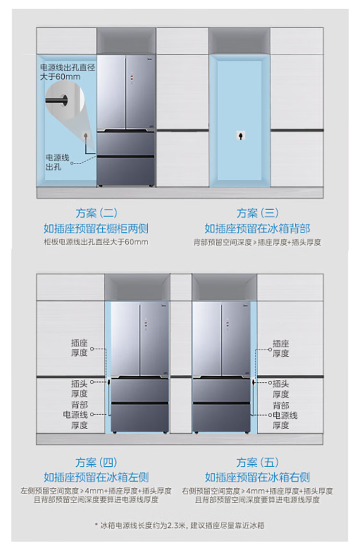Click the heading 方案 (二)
96,213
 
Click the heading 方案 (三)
257,213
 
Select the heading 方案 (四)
96,463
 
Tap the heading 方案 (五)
257,463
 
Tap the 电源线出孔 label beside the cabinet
57,162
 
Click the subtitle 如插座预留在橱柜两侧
96,228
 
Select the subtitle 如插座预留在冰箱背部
257,228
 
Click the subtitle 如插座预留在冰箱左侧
96,477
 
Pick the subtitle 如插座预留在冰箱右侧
257,477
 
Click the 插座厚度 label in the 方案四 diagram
79,348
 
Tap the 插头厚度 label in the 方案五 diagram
281,388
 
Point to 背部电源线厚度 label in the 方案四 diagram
79,415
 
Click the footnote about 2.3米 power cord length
180,525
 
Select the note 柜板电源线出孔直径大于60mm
96,242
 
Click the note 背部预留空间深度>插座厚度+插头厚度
257,242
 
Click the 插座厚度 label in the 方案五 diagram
281,348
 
